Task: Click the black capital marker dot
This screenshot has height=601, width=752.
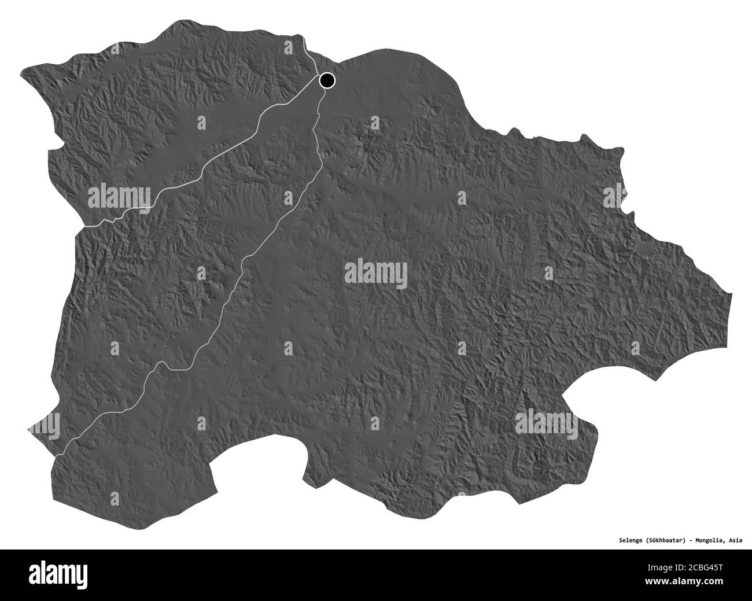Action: pos(328,80)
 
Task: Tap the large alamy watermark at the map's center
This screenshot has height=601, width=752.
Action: pos(376,272)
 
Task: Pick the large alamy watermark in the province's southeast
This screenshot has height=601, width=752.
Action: pos(547,421)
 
